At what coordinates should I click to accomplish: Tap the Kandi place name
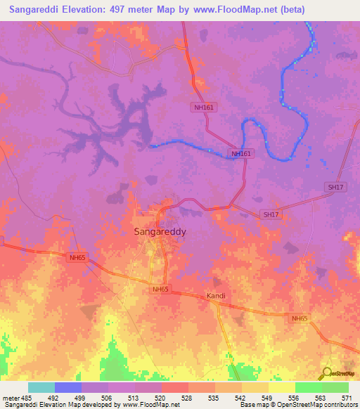[215, 296]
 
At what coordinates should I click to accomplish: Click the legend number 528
[186, 397]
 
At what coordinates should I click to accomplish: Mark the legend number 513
[133, 397]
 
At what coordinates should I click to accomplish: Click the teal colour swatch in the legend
[41, 387]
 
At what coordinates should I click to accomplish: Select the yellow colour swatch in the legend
[281, 387]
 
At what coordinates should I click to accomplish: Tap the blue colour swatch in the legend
[68, 387]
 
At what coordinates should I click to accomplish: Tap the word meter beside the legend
[10, 397]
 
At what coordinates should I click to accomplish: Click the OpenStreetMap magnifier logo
[327, 372]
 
